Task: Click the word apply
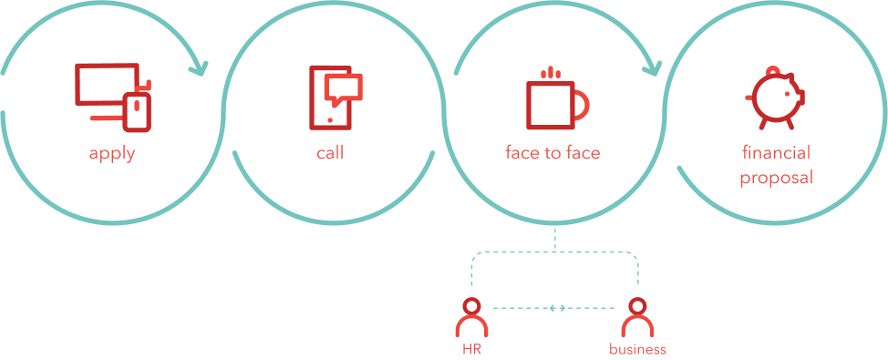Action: (112, 153)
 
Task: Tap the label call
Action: (330, 153)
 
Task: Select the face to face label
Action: (552, 153)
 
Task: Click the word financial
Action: (775, 153)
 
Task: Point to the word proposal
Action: (775, 177)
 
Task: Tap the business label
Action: (637, 349)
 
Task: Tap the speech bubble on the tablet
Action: (344, 87)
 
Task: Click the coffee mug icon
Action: (550, 105)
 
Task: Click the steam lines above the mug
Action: (550, 72)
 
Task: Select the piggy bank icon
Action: (774, 97)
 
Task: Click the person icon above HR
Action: (471, 318)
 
